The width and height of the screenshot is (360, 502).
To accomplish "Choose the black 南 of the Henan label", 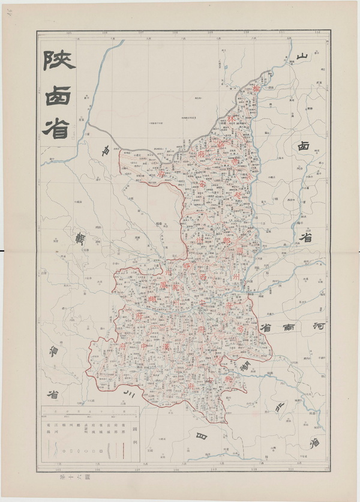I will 290,328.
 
